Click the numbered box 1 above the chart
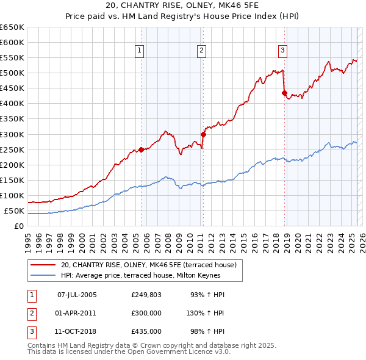[140, 51]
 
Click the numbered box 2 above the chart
[201, 51]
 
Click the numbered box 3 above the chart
[283, 51]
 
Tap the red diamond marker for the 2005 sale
[141, 149]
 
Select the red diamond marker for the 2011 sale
[203, 134]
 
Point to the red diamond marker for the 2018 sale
[284, 93]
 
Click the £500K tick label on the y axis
[12, 73]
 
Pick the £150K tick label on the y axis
[12, 180]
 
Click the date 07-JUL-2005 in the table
[77, 295]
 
